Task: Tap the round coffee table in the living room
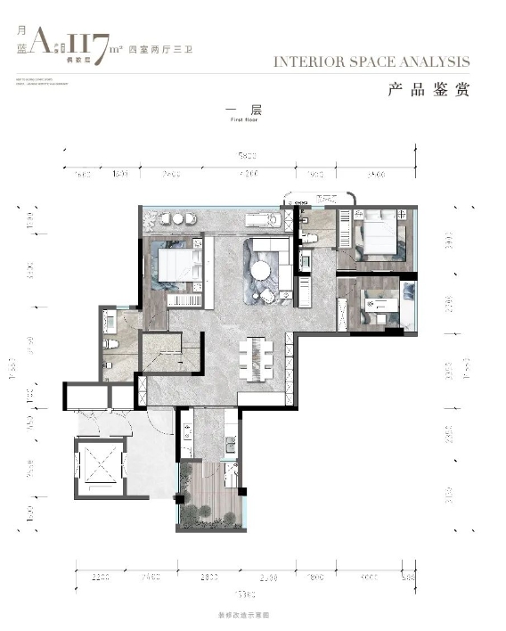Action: (x=261, y=270)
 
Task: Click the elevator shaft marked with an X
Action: (x=99, y=463)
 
